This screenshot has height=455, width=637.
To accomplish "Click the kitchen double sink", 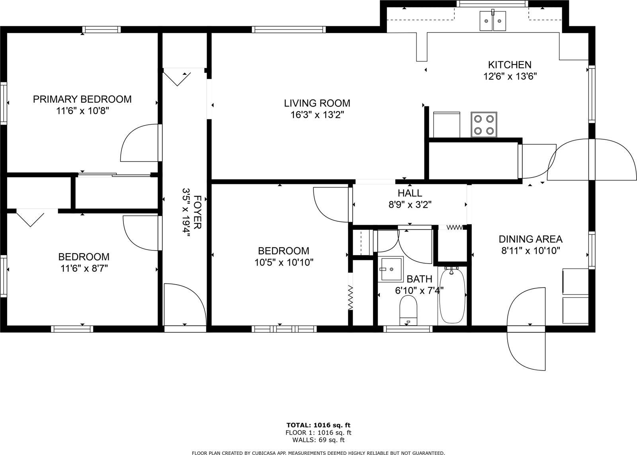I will coord(492,21).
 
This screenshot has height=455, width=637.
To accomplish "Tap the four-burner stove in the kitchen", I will coord(484,125).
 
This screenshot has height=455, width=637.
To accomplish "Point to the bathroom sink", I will coord(390,269).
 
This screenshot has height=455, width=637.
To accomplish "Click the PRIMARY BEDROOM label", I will coord(82,99).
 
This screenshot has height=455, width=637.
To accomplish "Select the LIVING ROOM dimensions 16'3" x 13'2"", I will coord(317,115).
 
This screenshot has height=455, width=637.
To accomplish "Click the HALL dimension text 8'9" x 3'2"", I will coord(410,205).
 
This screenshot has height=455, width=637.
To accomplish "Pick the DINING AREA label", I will coord(530,239).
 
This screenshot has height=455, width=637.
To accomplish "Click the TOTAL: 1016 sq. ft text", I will coord(318,425).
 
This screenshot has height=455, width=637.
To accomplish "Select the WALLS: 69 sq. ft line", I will coord(318,440).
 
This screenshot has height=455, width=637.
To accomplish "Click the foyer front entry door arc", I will coord(185,305).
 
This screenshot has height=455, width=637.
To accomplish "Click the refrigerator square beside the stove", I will coord(446,125).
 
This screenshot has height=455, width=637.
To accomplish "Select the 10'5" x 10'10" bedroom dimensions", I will coord(284,262).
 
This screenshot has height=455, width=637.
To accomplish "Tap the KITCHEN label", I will coord(510,64).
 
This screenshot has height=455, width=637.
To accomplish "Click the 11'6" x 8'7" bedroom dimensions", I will coord(84,268).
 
